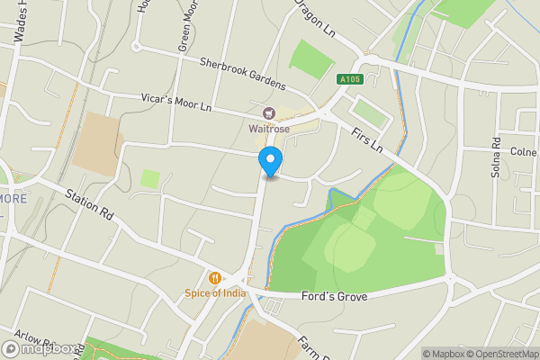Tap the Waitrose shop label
268,128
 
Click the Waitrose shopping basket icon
268,113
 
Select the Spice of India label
215,292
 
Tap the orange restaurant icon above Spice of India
215,278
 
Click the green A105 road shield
351,80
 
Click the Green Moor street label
187,31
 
